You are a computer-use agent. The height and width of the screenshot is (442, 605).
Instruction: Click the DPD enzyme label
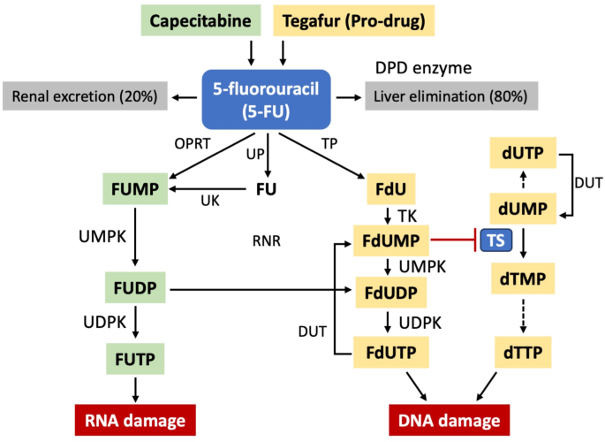pyautogui.click(x=421, y=67)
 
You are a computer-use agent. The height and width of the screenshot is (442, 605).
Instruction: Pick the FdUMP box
pyautogui.click(x=389, y=239)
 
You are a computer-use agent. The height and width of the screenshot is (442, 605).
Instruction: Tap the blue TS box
pyautogui.click(x=501, y=240)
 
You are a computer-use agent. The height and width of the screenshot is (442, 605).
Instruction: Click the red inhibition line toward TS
pyautogui.click(x=455, y=239)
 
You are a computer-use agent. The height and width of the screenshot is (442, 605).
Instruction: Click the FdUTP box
pyautogui.click(x=390, y=351)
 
